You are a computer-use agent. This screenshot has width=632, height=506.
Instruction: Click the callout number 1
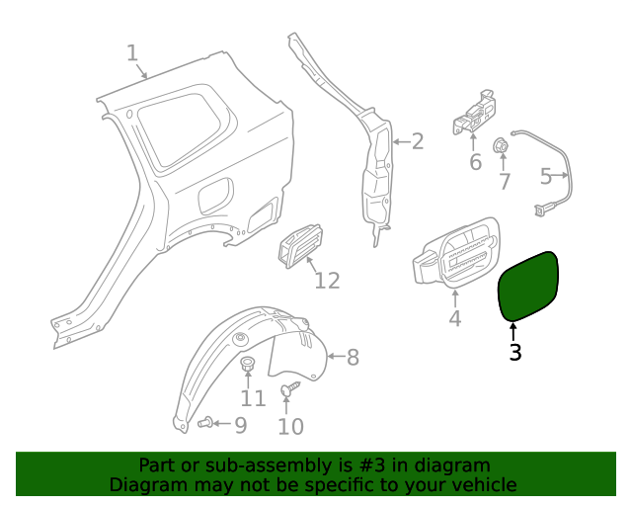point(132,52)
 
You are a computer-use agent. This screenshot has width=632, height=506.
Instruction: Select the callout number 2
point(417,141)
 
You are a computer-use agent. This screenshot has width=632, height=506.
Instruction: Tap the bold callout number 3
point(514,352)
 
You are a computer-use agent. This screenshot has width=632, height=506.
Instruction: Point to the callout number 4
point(454,318)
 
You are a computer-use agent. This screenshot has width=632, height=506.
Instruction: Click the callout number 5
point(547,177)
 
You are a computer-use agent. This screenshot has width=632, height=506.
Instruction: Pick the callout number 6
point(475,161)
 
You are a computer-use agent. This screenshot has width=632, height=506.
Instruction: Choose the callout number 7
point(504,181)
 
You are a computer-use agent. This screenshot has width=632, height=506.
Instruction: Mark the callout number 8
point(352,358)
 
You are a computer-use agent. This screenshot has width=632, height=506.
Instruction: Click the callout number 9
point(239,425)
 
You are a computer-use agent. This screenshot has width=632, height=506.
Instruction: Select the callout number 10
point(290,426)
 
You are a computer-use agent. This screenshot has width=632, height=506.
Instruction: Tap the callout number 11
point(253,398)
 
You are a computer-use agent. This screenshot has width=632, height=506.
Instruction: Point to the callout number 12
point(327,281)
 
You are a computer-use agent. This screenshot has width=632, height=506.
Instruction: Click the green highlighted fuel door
point(528,286)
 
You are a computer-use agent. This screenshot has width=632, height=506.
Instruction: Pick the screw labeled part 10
point(288,391)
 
